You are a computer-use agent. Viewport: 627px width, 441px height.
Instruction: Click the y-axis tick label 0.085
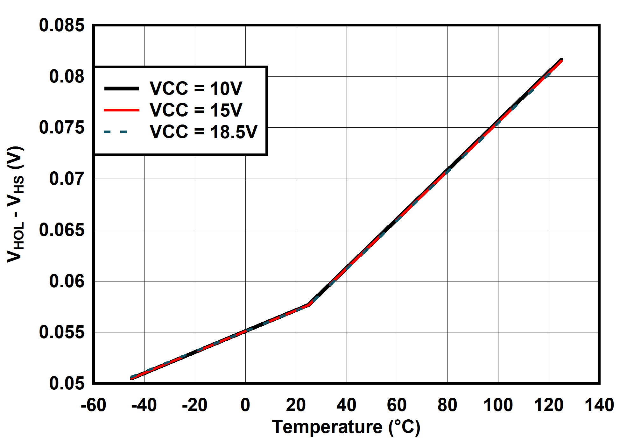[62, 25]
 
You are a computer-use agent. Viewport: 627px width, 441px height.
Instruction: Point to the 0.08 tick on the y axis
[67, 76]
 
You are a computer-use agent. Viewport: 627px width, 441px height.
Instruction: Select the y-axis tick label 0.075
[62, 127]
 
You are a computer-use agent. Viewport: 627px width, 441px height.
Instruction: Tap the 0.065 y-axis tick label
[62, 230]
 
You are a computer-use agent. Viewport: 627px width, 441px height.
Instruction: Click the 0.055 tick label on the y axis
[62, 332]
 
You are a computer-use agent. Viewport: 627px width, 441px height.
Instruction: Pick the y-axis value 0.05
[67, 383]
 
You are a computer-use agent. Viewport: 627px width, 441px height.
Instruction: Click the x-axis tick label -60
[93, 405]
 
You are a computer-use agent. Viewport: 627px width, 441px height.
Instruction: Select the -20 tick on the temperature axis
[194, 405]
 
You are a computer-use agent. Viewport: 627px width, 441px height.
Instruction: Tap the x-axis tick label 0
[245, 405]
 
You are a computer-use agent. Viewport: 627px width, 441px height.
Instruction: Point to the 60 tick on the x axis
[397, 405]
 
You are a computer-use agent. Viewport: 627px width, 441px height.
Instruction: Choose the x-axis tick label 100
[498, 405]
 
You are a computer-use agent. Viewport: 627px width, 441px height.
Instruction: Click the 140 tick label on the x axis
[599, 405]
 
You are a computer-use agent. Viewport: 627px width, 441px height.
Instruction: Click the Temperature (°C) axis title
[346, 427]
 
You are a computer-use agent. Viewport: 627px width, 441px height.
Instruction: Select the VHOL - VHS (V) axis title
[16, 204]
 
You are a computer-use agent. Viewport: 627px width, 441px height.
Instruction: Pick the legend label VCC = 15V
[196, 110]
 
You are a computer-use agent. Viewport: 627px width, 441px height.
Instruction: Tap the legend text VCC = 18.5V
[203, 132]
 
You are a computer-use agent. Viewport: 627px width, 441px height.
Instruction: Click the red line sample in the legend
[122, 110]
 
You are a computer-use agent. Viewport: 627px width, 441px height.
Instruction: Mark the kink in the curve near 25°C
[308, 305]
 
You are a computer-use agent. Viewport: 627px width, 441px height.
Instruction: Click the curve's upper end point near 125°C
[561, 60]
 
